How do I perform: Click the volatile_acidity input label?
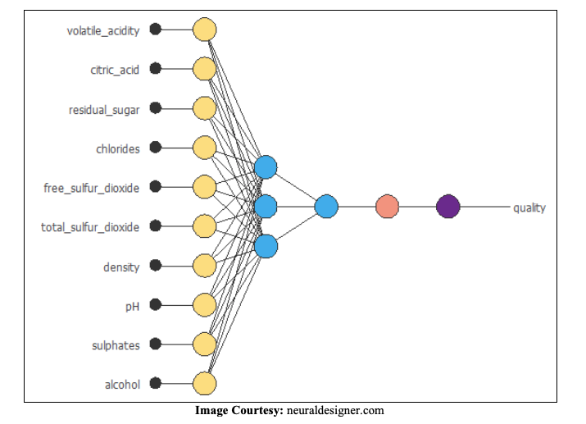(x=103, y=30)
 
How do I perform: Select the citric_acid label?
(x=115, y=70)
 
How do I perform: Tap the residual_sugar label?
(x=104, y=109)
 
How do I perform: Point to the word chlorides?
(x=117, y=148)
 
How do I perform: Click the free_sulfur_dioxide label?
(x=91, y=188)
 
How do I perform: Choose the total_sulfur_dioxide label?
(x=90, y=227)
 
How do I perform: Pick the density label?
(x=121, y=267)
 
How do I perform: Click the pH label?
(x=132, y=306)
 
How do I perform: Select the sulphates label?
(x=116, y=345)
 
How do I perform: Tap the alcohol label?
(x=122, y=385)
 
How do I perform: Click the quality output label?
(x=529, y=207)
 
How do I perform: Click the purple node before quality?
(x=448, y=207)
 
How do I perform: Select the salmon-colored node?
(x=388, y=207)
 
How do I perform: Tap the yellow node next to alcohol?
(x=204, y=384)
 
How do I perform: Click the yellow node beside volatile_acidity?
(x=204, y=30)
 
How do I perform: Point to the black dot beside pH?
(x=156, y=305)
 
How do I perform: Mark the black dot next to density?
(x=156, y=266)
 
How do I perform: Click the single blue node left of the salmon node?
(x=326, y=207)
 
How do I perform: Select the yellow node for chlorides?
(x=204, y=148)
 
